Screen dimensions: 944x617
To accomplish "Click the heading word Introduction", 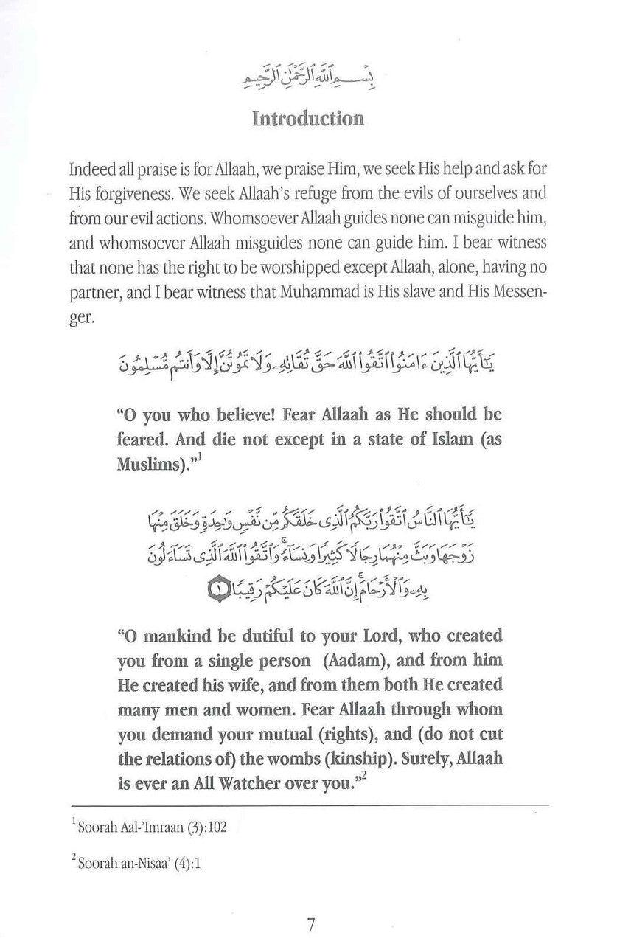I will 307,119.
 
